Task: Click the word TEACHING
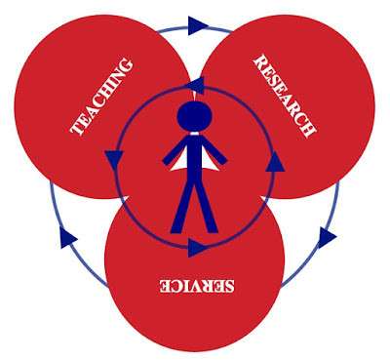pyautogui.click(x=101, y=97)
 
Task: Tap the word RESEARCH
pyautogui.click(x=284, y=97)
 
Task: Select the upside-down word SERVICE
pyautogui.click(x=196, y=286)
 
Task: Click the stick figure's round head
pyautogui.click(x=194, y=116)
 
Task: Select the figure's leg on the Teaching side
pyautogui.click(x=183, y=208)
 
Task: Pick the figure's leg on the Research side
pyautogui.click(x=206, y=208)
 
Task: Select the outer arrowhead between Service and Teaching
pyautogui.click(x=67, y=238)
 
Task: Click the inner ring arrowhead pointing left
pyautogui.click(x=195, y=86)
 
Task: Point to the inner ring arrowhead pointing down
pyautogui.click(x=114, y=160)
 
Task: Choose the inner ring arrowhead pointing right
pyautogui.click(x=198, y=248)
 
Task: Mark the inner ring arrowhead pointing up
pyautogui.click(x=275, y=161)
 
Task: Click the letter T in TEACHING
pyautogui.click(x=77, y=129)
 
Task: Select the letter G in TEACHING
pyautogui.click(x=125, y=65)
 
